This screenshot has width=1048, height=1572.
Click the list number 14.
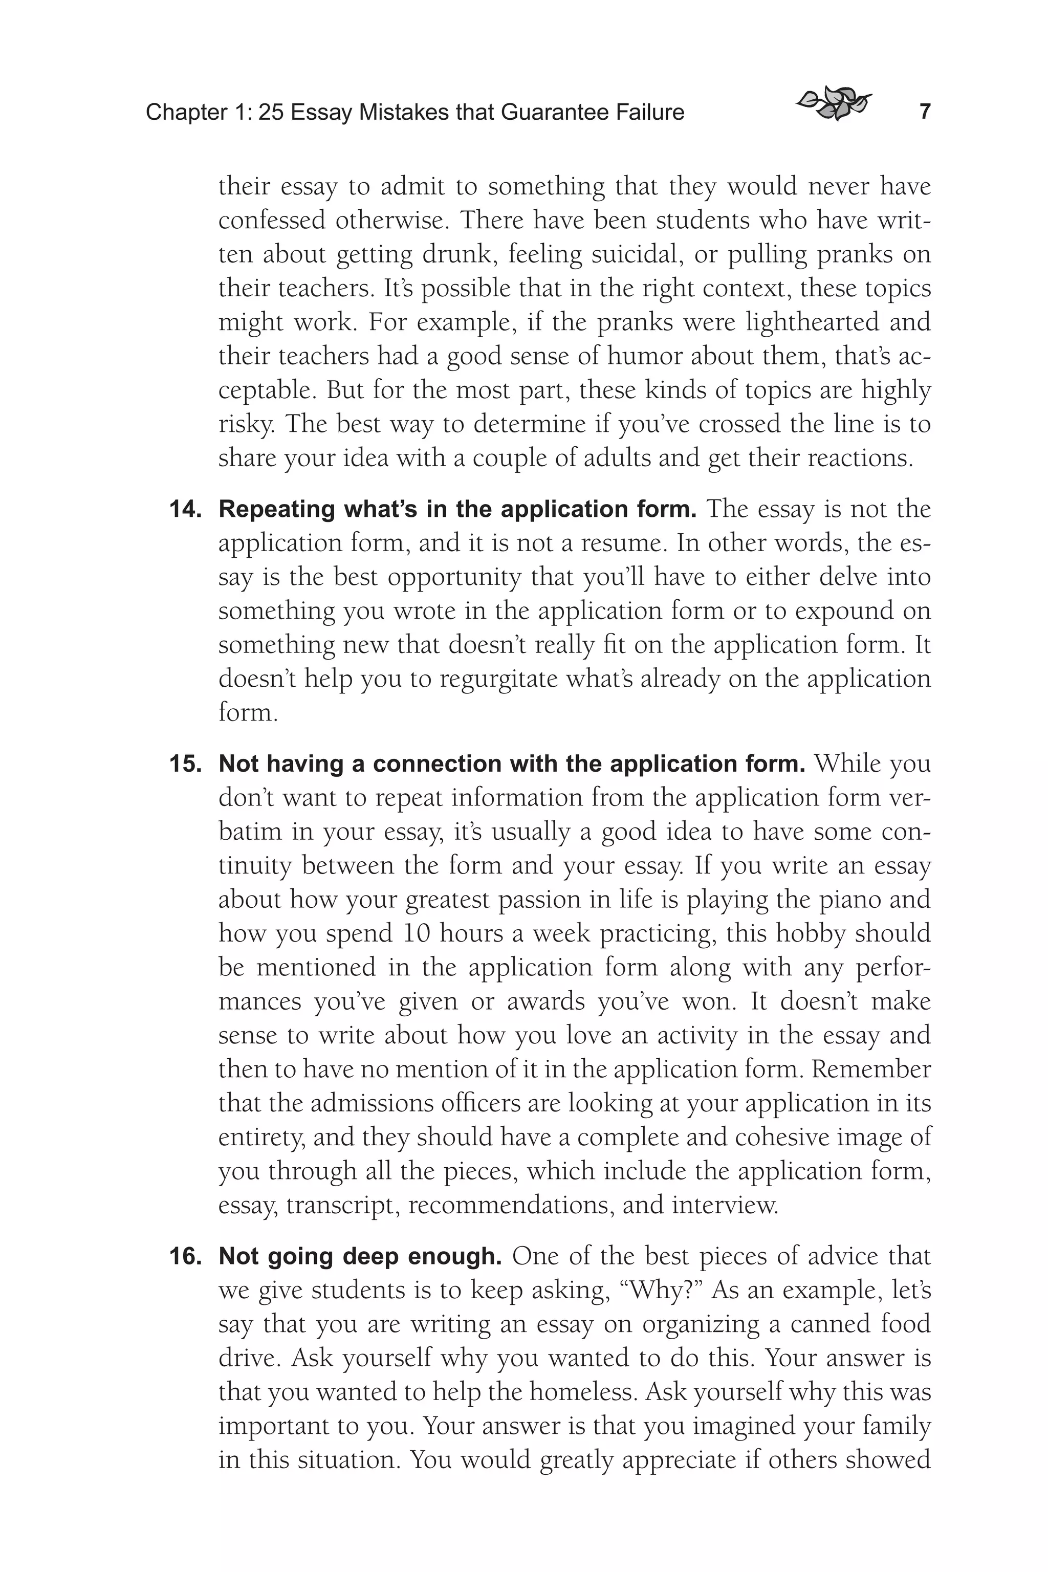[x=185, y=510]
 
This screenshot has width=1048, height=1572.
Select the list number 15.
[x=185, y=765]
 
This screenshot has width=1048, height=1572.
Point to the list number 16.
[x=185, y=1257]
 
